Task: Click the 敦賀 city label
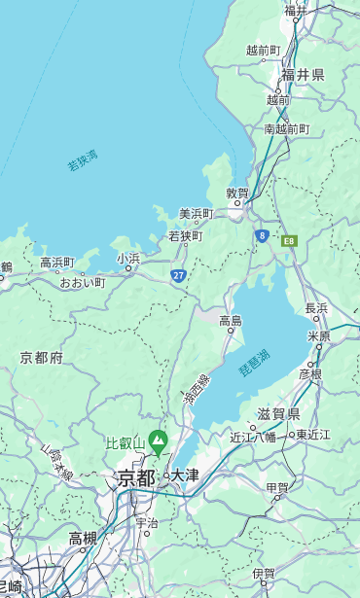[237, 193]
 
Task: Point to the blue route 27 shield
[179, 275]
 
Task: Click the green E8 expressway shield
[289, 240]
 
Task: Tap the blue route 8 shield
[262, 235]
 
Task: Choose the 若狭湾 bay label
[83, 160]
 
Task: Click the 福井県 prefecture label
[303, 74]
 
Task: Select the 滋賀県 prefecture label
[278, 414]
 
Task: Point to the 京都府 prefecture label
[42, 358]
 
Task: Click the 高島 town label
[231, 321]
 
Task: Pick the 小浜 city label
[127, 259]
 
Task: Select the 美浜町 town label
[196, 214]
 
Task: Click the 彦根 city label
[310, 373]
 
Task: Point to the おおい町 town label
[82, 282]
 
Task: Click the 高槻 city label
[83, 538]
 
